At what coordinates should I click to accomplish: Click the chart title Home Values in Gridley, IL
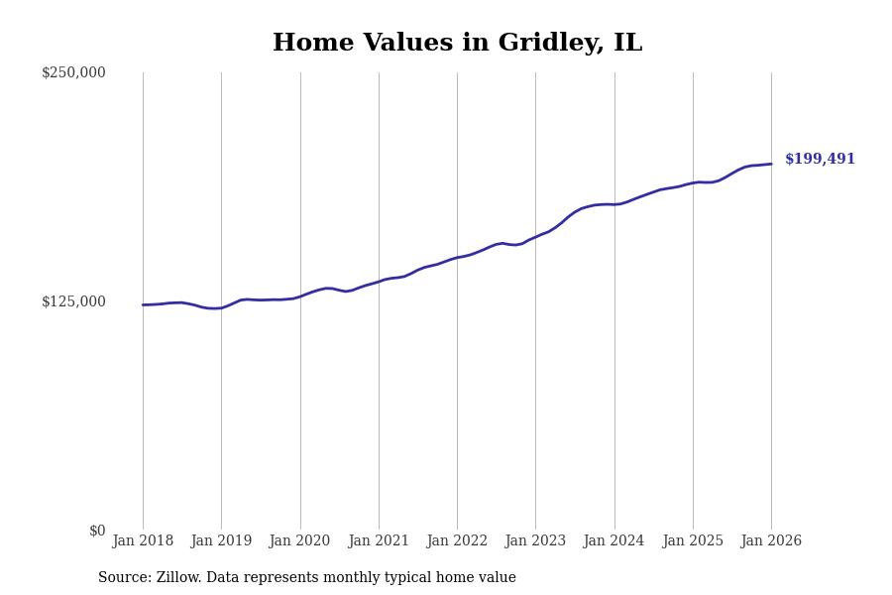point(457,44)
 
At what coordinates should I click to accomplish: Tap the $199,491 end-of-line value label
point(820,160)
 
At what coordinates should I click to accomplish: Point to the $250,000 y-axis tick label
point(73,72)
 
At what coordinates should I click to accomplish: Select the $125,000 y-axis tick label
point(73,301)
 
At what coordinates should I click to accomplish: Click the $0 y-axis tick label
point(97,531)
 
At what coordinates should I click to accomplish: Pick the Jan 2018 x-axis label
point(143,541)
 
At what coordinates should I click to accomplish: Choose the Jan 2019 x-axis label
point(221,541)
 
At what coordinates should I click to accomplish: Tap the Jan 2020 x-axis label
point(299,541)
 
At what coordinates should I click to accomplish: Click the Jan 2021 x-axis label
point(379,541)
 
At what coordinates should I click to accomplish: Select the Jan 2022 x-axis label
point(457,541)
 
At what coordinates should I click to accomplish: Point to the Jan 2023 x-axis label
point(535,541)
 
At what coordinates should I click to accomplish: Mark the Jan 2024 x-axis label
point(613,541)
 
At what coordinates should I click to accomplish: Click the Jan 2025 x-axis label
point(693,541)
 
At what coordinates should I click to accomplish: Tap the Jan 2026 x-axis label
point(771,541)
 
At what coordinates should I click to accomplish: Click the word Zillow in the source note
point(178,578)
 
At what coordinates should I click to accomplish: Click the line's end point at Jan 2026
point(771,164)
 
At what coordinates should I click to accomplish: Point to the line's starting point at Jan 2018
point(143,304)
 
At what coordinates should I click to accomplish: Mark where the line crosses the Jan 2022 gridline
point(457,258)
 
